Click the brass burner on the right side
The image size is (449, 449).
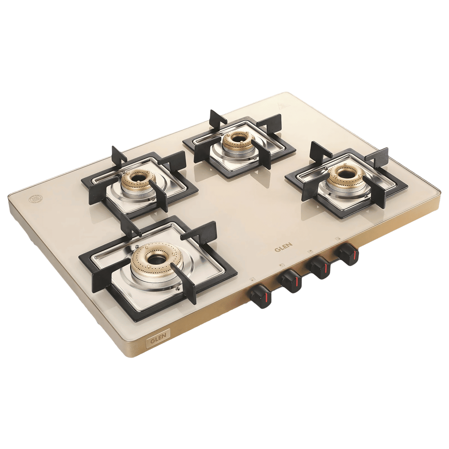point(340,177)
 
